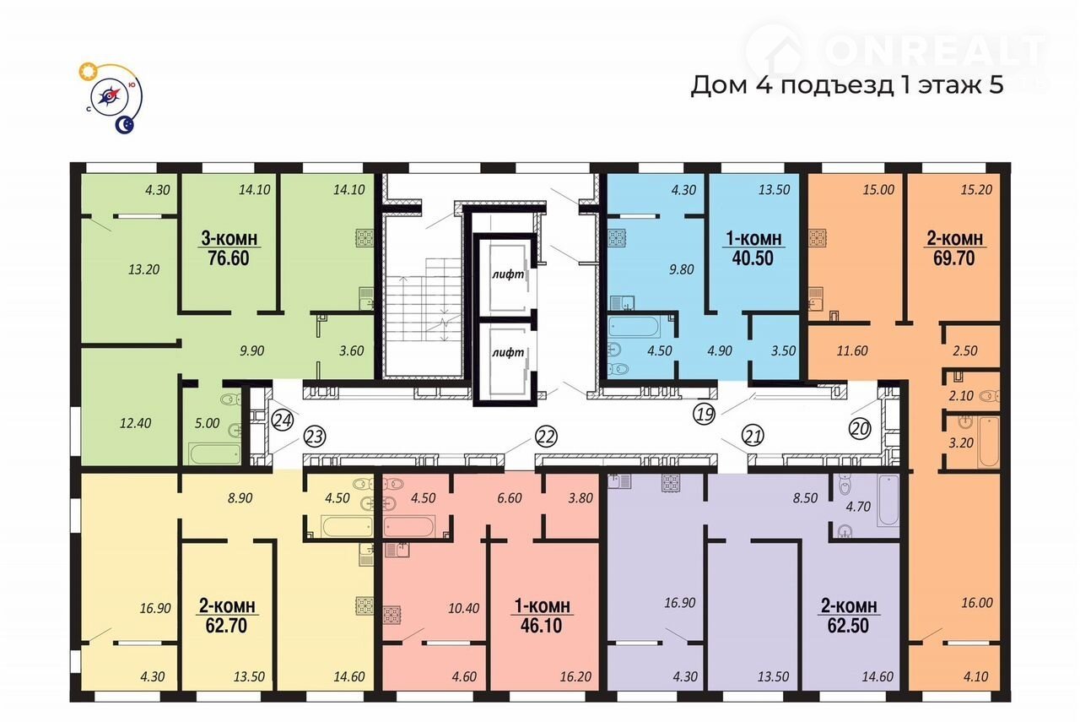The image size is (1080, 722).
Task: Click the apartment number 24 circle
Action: tap(283, 421)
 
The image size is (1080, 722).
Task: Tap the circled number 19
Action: tap(705, 414)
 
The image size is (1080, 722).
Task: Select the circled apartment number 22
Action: tap(546, 437)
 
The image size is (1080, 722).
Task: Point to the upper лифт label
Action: tap(508, 274)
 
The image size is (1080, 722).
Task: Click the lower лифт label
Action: tap(508, 353)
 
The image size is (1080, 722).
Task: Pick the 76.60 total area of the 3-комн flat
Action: tap(229, 258)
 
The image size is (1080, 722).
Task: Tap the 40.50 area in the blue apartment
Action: tap(753, 258)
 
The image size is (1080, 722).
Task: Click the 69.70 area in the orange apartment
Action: tap(954, 258)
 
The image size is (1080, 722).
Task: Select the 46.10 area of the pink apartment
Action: tap(542, 626)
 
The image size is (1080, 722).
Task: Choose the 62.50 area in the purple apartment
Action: tap(849, 626)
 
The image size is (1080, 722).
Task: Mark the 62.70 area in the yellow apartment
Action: tap(227, 626)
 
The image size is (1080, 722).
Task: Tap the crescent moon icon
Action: tap(124, 125)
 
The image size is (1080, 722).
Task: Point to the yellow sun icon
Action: tap(88, 72)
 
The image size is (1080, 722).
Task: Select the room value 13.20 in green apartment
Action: tap(143, 269)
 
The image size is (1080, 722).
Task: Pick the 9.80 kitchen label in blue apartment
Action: tap(681, 269)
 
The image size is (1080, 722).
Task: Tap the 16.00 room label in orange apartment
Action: tap(977, 603)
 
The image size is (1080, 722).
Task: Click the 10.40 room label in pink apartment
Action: tap(464, 609)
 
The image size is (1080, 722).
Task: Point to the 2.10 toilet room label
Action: tap(961, 396)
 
